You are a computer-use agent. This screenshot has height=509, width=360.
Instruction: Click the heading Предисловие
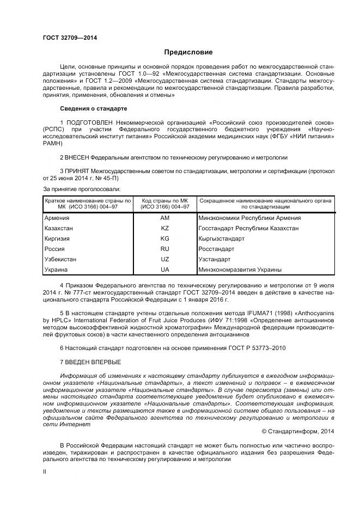point(188,52)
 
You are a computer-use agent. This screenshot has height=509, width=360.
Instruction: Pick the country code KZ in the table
point(165,228)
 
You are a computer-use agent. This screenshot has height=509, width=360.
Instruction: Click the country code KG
point(165,238)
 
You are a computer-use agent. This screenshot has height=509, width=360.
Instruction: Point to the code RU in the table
point(165,249)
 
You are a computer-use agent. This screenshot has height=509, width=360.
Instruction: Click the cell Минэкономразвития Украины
point(240,269)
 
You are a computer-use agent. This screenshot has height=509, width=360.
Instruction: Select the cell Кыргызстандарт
point(222,238)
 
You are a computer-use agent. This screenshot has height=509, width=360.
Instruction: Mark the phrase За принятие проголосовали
point(82,189)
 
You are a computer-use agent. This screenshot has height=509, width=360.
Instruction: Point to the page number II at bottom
point(45,473)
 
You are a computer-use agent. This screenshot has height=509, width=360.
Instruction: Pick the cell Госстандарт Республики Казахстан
point(249,228)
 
